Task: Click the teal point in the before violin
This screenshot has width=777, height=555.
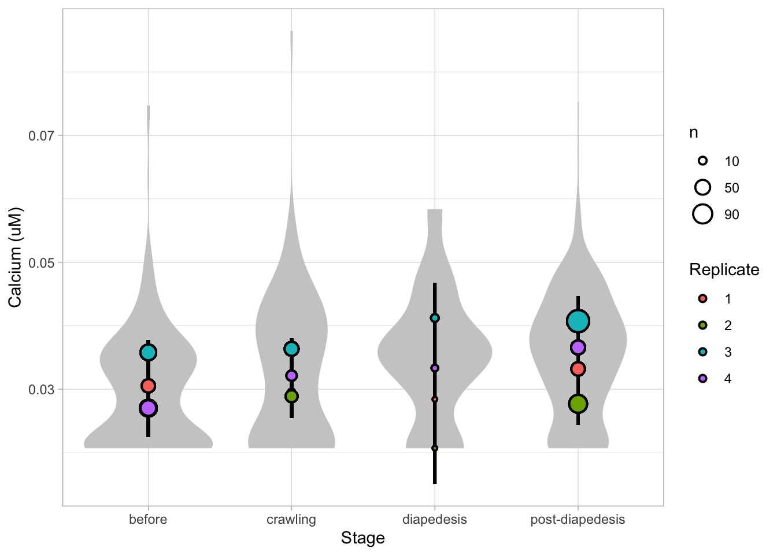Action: point(148,352)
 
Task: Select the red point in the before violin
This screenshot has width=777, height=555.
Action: point(148,386)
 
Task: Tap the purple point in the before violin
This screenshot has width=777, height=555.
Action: point(148,408)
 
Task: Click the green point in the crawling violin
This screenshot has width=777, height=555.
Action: point(291,396)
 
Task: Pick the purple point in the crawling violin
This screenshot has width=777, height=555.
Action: point(291,376)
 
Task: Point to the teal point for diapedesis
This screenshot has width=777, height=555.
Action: point(435,318)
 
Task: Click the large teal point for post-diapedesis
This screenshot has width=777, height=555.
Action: point(578,321)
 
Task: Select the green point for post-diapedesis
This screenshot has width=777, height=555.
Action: point(578,404)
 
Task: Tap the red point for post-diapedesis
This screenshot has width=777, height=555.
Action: point(578,369)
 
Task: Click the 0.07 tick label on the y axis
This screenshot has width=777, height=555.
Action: point(45,136)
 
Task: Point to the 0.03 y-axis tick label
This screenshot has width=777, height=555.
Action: point(45,390)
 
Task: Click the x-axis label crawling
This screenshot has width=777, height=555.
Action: point(291,519)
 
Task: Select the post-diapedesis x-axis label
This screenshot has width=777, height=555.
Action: point(578,519)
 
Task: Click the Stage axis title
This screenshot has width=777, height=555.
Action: point(362,538)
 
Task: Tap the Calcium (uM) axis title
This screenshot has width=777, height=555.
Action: point(15,257)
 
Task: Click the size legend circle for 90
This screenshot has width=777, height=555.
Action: point(702,214)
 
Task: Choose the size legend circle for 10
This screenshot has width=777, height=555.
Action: point(702,161)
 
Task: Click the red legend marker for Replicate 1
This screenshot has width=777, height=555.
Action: point(702,299)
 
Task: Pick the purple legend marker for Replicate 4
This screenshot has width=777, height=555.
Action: point(702,379)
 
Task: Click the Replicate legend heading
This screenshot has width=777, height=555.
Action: point(724,270)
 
